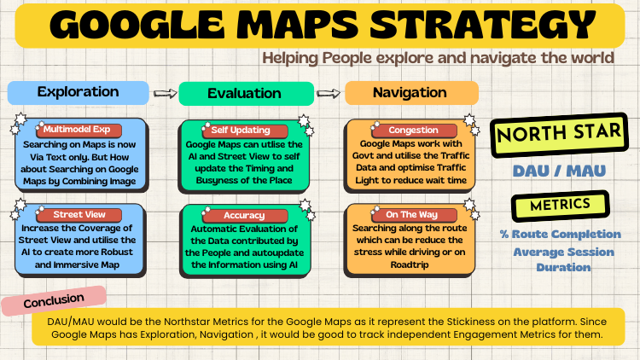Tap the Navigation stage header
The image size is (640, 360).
click(x=411, y=92)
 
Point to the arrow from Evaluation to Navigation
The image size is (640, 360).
click(x=328, y=93)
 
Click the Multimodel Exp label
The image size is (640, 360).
click(x=79, y=130)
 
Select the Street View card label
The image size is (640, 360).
click(x=79, y=214)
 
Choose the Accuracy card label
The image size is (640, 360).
click(x=242, y=215)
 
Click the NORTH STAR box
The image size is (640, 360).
click(x=557, y=134)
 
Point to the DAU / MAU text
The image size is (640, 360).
click(x=559, y=171)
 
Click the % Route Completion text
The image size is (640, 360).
click(x=561, y=234)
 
